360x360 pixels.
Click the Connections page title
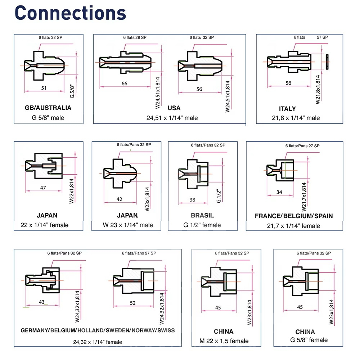pos(71,13)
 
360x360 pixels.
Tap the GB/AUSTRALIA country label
pos(48,108)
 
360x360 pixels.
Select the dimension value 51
pos(44,87)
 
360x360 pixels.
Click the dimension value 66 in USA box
pos(124,84)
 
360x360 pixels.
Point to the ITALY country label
pos(287,108)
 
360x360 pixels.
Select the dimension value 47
pos(44,188)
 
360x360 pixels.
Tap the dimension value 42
pos(120,199)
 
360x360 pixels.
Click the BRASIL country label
pos(202,215)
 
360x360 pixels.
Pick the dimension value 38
pos(192,200)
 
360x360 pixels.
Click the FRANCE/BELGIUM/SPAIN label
pos(294,216)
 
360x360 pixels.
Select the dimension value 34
pos(279,192)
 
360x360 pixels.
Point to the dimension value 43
pos(42,302)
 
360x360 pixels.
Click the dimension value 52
pos(133,303)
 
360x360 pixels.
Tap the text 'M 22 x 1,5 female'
pos(224,341)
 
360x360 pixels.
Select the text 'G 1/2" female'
pos(202,225)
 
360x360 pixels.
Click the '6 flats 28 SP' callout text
pos(135,37)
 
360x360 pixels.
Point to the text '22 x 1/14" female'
pos(44,225)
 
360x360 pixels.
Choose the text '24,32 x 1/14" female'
pos(98,342)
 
